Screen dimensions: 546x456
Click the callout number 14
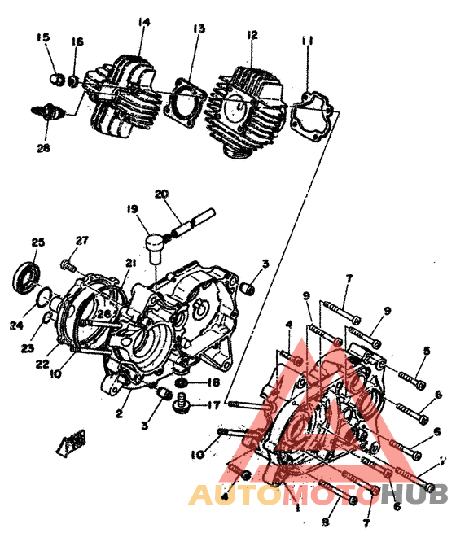144,22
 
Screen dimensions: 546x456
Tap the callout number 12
252,34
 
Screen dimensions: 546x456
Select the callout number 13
198,28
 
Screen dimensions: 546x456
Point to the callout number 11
307,41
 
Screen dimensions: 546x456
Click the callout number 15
43,37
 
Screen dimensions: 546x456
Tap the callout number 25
37,242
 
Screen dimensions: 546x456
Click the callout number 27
81,240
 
